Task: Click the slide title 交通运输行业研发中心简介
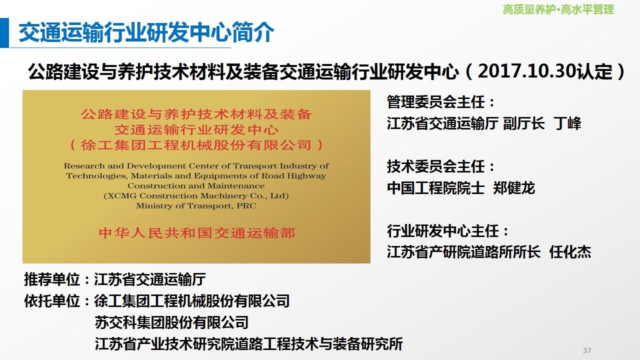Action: (x=146, y=32)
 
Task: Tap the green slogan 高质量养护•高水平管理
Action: (x=558, y=9)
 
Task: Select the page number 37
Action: (x=587, y=350)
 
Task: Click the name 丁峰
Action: (x=567, y=123)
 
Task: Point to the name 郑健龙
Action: (x=514, y=188)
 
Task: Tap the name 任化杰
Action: (x=570, y=252)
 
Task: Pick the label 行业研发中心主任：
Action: (x=447, y=231)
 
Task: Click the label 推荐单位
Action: (x=52, y=279)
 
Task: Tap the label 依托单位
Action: (x=52, y=301)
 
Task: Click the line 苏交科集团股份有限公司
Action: (x=171, y=322)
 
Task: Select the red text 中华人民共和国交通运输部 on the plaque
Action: (x=197, y=233)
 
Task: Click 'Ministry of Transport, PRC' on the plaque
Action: (x=196, y=205)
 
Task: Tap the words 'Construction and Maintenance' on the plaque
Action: (x=196, y=185)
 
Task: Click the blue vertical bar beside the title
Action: (x=4, y=32)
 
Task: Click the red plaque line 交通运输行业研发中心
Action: (x=196, y=130)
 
